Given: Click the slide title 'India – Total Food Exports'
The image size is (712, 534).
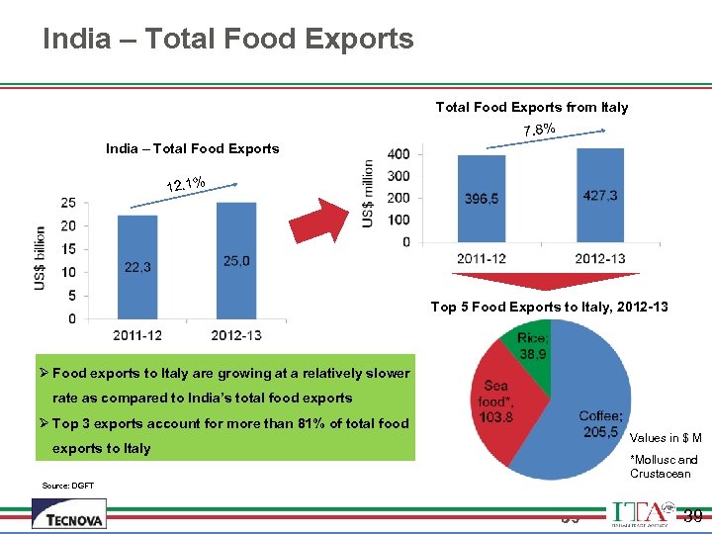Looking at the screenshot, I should pyautogui.click(x=227, y=40).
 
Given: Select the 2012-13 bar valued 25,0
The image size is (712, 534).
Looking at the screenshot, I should pyautogui.click(x=235, y=261).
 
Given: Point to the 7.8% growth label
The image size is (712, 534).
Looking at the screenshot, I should pyautogui.click(x=539, y=131).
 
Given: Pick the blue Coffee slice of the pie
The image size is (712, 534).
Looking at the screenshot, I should pyautogui.click(x=583, y=415).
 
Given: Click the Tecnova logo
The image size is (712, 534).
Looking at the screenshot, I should pyautogui.click(x=68, y=513).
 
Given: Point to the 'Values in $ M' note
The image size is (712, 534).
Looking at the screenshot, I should pyautogui.click(x=666, y=438).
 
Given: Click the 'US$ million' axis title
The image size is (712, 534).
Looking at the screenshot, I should pyautogui.click(x=368, y=193).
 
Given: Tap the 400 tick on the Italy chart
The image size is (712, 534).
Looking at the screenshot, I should pyautogui.click(x=400, y=154).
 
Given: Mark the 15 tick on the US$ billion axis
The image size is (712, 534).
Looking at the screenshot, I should pyautogui.click(x=68, y=248).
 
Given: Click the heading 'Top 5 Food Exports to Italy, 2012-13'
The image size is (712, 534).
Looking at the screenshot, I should pyautogui.click(x=549, y=307).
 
